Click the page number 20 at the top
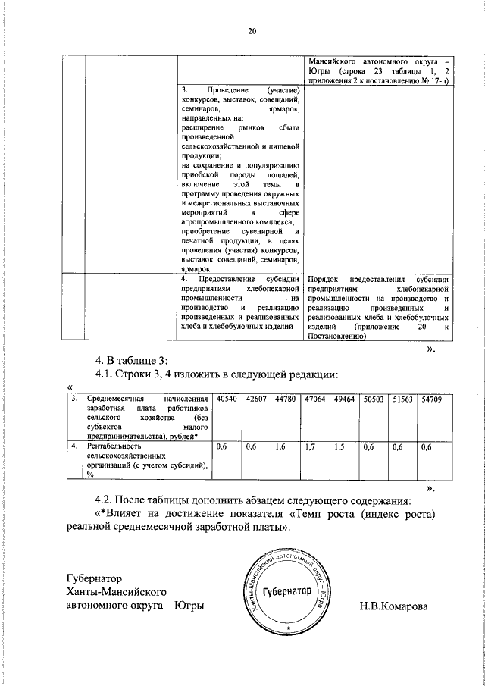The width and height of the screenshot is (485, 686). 252,31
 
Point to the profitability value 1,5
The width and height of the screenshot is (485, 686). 339,447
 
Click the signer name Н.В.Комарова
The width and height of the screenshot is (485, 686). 393,606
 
